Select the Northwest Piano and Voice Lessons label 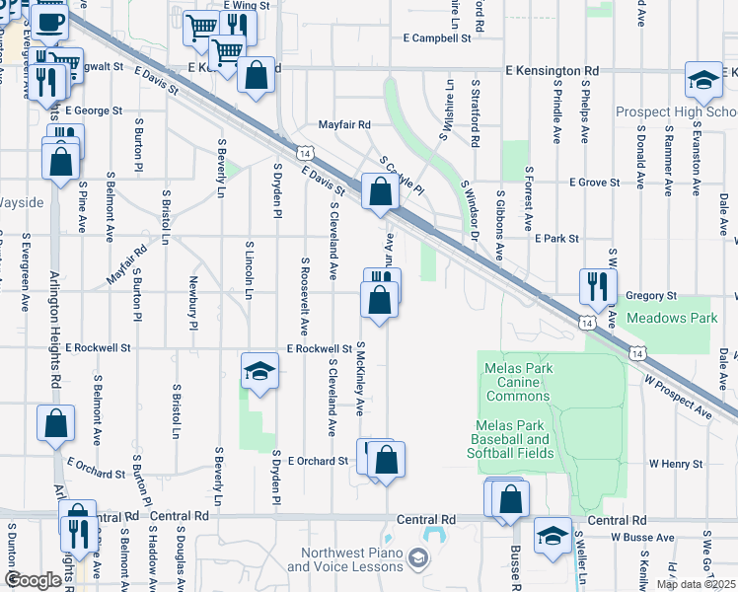345,560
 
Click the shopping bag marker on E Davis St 380,191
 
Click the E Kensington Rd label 552,71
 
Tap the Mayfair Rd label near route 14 343,125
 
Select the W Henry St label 675,463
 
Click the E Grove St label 593,183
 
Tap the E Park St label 555,239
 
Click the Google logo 34,580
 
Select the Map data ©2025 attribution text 696,584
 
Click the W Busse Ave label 641,537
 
